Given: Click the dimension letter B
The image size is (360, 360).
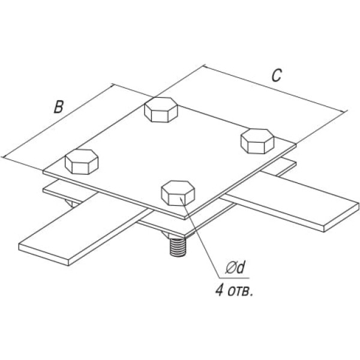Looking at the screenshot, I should point(58,107).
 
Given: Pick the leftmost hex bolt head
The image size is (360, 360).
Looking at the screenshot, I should point(81,161).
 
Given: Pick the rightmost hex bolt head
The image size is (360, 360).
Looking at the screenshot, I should point(257,140).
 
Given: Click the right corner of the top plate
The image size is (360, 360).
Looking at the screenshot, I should point(296,144).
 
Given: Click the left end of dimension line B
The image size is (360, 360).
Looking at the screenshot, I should point(5,157).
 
